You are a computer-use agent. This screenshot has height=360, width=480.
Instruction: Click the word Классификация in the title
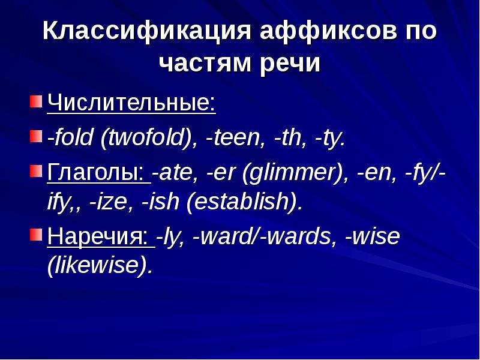146,31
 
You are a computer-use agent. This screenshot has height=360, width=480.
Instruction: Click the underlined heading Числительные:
131,103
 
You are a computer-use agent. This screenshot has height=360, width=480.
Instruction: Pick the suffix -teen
235,138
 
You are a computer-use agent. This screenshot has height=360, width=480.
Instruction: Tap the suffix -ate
175,173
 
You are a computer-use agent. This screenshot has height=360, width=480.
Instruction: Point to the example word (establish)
244,202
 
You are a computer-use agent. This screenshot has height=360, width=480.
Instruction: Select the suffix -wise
372,236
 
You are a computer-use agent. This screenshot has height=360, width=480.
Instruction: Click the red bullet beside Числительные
36,101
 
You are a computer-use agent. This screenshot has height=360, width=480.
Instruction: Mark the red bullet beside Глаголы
36,171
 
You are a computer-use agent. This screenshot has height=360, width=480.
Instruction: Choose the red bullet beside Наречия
36,235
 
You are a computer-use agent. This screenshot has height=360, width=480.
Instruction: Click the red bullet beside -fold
36,136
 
